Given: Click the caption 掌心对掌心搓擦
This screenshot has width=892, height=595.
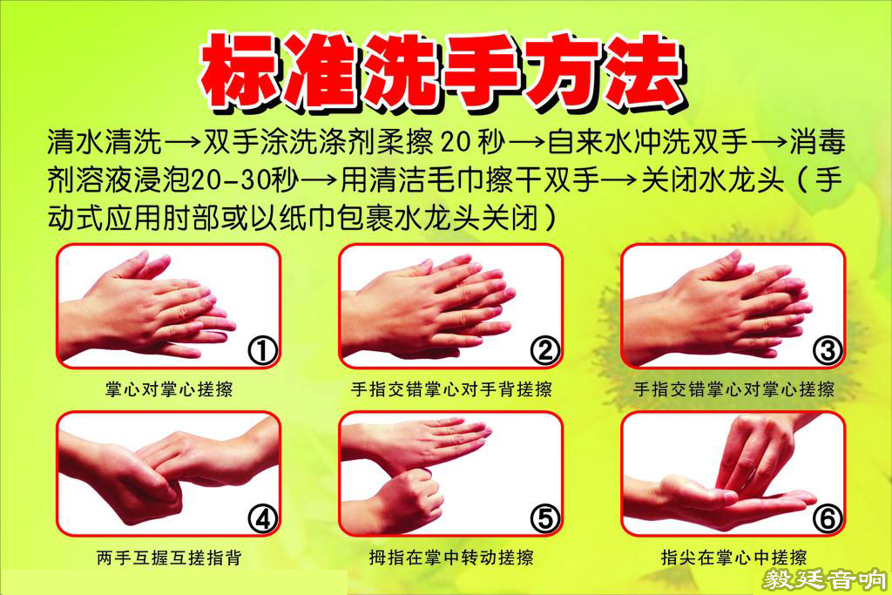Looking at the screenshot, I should click(x=169, y=389).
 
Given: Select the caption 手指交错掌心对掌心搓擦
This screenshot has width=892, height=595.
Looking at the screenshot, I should click(x=733, y=389).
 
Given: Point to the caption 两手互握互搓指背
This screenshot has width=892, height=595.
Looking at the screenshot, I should click(x=169, y=558).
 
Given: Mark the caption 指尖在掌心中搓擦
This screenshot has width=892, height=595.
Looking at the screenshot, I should click(x=733, y=558).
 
